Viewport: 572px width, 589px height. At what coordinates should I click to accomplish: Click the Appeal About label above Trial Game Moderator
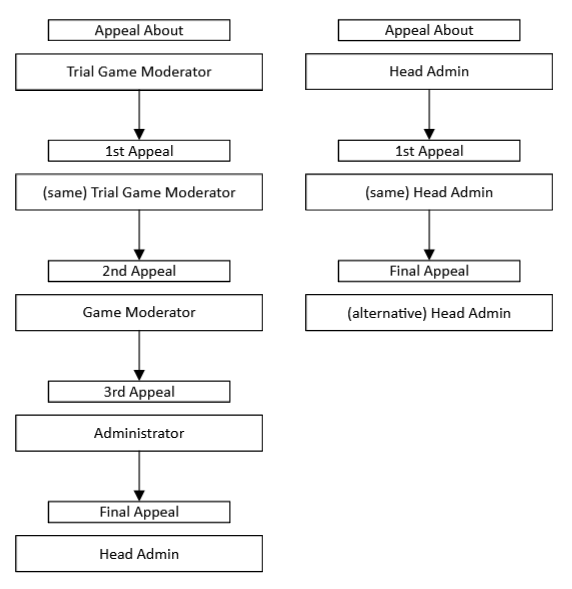(x=139, y=30)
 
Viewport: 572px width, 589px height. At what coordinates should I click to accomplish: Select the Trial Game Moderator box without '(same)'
(x=139, y=71)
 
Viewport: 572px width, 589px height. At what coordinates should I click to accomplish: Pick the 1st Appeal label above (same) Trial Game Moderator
(x=139, y=151)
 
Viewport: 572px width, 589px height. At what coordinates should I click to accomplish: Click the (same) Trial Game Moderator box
(x=139, y=192)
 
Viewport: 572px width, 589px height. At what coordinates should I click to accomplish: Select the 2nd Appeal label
(x=139, y=271)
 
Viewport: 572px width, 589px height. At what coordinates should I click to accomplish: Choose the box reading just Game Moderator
(x=139, y=312)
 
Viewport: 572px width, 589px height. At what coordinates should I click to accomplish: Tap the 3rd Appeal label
(x=139, y=392)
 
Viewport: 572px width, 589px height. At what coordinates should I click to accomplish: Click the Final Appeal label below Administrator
(x=139, y=512)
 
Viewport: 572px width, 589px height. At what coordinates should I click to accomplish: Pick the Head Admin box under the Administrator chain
(x=139, y=553)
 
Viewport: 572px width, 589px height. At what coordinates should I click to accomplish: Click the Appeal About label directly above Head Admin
(x=429, y=30)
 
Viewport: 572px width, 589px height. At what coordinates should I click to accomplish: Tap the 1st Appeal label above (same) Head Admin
(x=429, y=151)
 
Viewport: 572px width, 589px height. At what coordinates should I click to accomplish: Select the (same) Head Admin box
(x=429, y=192)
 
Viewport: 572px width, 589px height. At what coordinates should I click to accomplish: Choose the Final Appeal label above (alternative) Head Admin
(x=429, y=271)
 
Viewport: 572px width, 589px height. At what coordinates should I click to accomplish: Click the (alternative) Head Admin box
(x=429, y=312)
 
